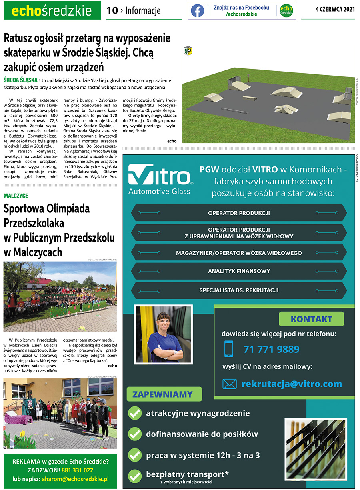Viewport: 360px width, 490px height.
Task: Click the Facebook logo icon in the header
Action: click(x=197, y=10)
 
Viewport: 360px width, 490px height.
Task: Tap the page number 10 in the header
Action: click(x=112, y=11)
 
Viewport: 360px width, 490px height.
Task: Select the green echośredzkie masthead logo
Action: click(x=52, y=11)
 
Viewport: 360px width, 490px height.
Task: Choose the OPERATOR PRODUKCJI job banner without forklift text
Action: click(x=239, y=213)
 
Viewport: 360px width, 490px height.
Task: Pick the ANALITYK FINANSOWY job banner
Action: click(x=239, y=271)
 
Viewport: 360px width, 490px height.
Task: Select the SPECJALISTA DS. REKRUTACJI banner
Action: click(x=239, y=290)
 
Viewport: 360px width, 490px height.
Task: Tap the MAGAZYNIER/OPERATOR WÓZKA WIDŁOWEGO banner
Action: click(x=239, y=253)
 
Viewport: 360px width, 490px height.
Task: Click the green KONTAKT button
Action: click(x=311, y=319)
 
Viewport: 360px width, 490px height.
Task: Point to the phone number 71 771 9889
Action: click(x=271, y=349)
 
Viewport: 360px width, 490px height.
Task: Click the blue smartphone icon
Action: click(x=229, y=349)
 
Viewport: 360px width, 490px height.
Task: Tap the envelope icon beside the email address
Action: click(x=230, y=384)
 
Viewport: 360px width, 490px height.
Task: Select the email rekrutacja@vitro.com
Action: click(x=292, y=384)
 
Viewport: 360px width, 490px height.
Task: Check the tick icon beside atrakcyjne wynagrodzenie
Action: click(x=135, y=413)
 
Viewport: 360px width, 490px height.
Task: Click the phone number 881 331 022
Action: click(x=77, y=470)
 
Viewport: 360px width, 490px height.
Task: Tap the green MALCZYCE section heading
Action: click(x=16, y=196)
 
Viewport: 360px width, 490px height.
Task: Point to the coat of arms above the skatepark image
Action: click(x=188, y=50)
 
